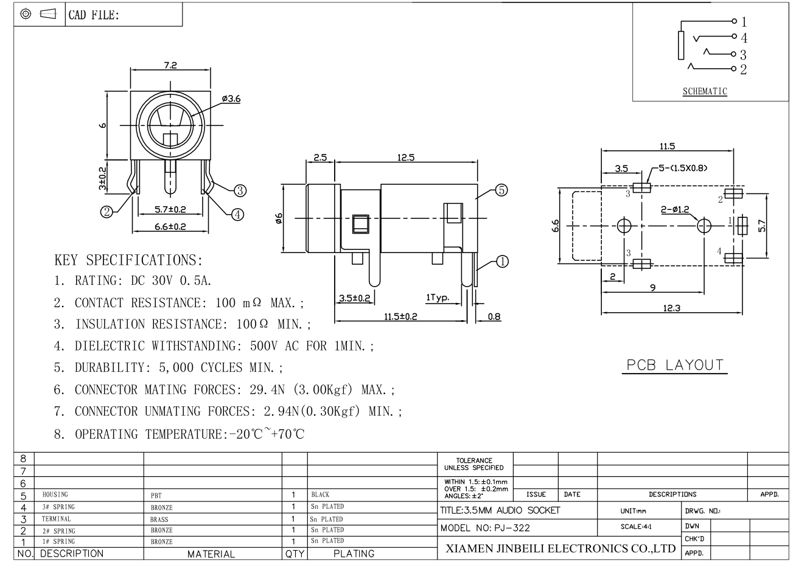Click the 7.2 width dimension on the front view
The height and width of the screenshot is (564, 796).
[x=170, y=65]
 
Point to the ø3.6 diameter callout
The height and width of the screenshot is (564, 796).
[x=231, y=99]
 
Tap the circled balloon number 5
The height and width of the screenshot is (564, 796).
[x=501, y=190]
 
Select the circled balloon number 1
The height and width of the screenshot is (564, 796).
[x=502, y=262]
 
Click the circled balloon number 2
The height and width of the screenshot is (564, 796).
[x=106, y=212]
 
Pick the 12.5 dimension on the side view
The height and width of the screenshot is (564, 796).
[x=406, y=158]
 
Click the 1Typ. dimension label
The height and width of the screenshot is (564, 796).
[x=438, y=298]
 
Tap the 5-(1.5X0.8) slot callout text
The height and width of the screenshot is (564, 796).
[x=683, y=168]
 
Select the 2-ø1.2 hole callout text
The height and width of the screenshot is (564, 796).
[x=675, y=209]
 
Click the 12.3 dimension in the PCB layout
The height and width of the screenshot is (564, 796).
[x=672, y=308]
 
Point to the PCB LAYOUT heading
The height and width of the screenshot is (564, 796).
[x=675, y=365]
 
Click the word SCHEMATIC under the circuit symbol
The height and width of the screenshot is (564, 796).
[x=705, y=91]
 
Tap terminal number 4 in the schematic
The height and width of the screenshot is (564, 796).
[x=744, y=38]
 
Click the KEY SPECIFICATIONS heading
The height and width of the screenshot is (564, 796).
[x=128, y=260]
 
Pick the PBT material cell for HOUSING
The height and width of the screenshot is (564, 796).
[x=156, y=495]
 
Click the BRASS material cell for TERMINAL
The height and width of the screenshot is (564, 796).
[x=159, y=519]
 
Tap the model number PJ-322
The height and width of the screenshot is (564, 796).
[x=512, y=527]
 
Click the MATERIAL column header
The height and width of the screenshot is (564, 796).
[x=211, y=554]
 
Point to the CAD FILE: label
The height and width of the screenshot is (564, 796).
[x=94, y=15]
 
